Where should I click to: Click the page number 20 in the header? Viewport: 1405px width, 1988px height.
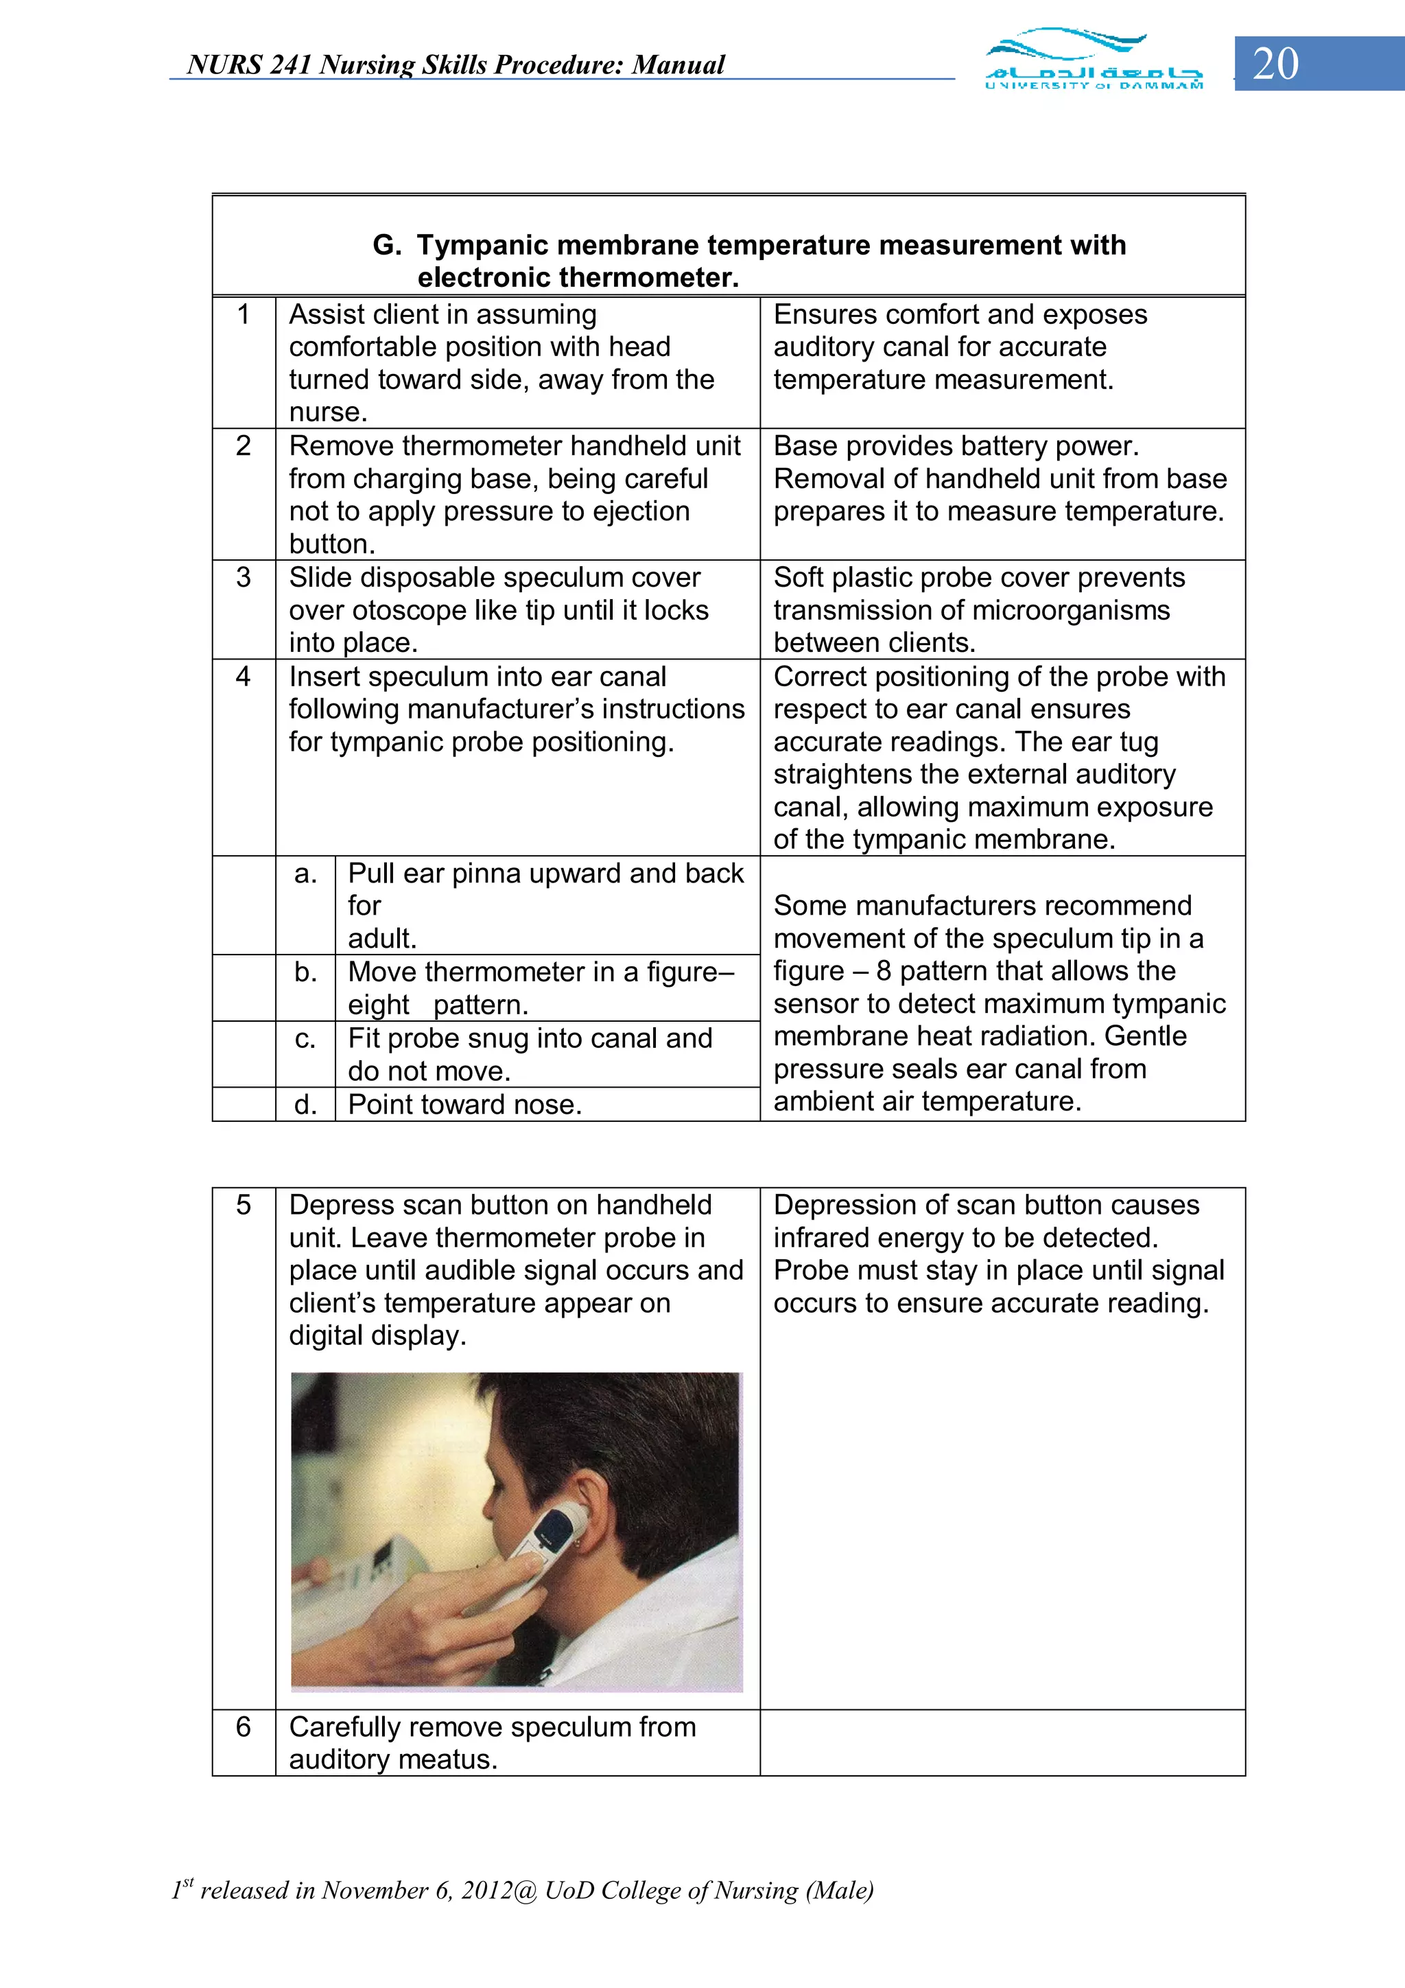1275,64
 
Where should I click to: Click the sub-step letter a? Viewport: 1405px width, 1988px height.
305,874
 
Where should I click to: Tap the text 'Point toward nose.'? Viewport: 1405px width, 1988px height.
465,1105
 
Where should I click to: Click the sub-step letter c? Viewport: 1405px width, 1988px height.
305,1038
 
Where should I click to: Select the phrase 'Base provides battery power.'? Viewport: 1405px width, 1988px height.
956,446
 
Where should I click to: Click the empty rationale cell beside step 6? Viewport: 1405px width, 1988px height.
1002,1742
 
